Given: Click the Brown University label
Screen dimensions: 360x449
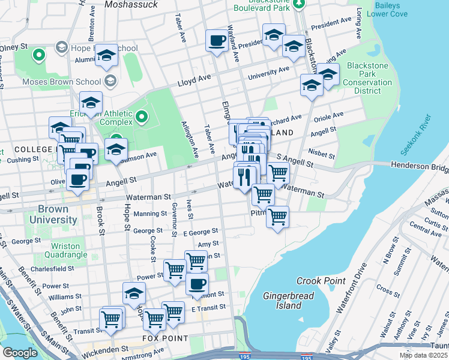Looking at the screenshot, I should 57,215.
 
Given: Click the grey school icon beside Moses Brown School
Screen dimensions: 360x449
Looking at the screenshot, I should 110,80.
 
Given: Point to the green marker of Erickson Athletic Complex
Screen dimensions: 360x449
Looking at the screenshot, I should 142,116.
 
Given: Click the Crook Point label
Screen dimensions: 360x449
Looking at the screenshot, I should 321,281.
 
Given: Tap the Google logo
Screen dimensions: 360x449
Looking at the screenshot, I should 20,352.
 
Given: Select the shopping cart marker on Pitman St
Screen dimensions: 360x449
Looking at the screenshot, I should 277,217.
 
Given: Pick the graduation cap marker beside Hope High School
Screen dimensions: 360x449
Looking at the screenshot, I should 107,55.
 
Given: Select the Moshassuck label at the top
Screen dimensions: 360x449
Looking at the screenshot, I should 131,4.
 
